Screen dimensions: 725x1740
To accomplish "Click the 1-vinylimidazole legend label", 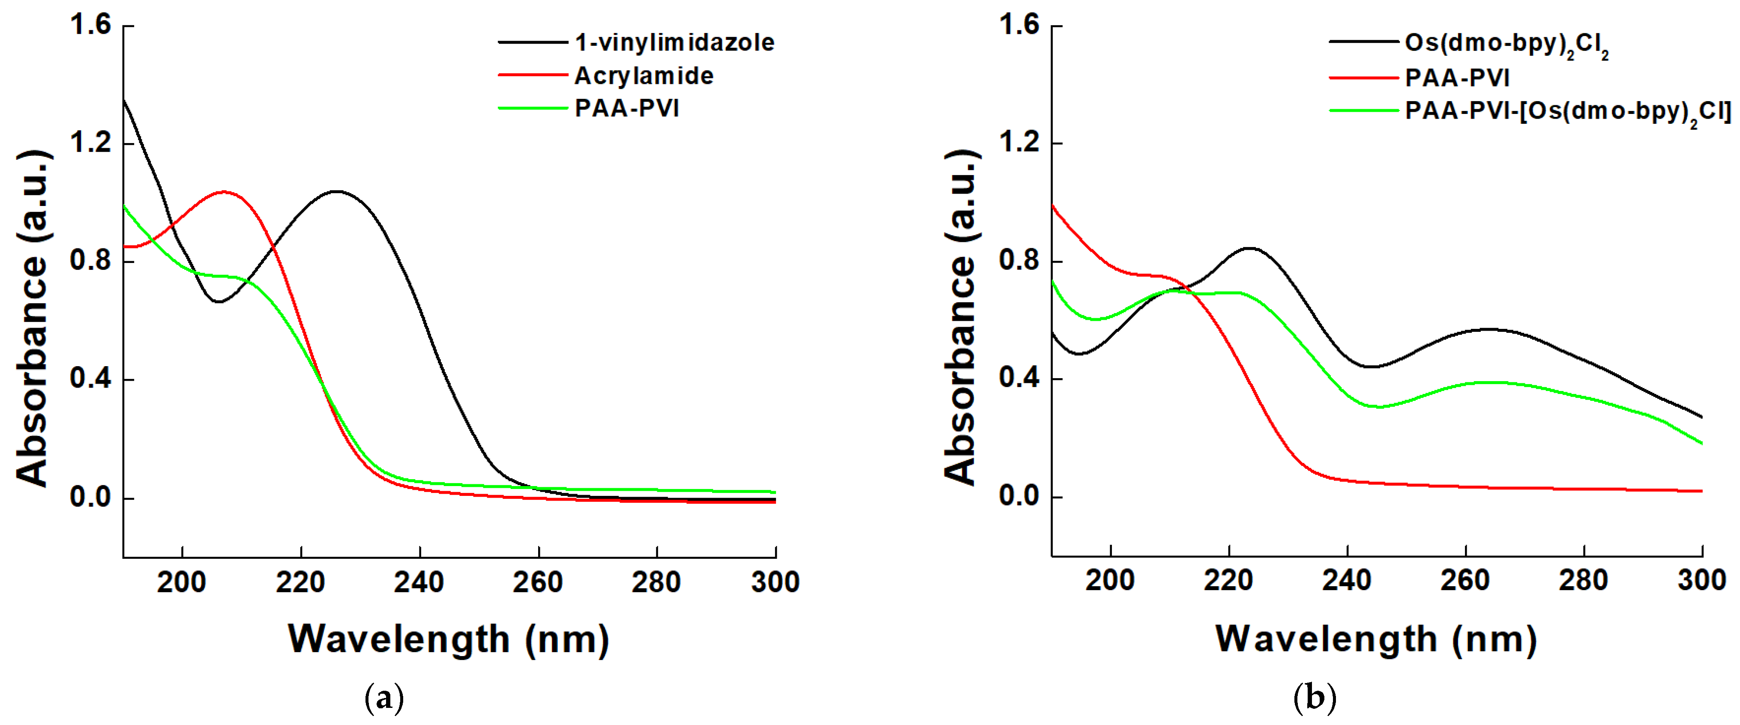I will (674, 42).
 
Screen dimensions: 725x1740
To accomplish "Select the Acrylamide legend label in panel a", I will (643, 76).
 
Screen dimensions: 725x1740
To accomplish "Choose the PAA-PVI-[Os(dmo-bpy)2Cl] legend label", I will (1567, 111).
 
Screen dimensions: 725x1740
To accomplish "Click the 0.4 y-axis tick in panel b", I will (1019, 378).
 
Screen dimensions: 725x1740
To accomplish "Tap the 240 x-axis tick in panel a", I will (419, 582).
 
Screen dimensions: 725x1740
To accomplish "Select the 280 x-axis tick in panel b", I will (1583, 581).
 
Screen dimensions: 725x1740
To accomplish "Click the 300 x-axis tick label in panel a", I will (775, 582).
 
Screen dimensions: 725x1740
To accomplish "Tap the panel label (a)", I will (383, 697).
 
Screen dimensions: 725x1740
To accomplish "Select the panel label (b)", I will (1314, 697).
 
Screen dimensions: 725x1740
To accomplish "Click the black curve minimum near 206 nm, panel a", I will (219, 302).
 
